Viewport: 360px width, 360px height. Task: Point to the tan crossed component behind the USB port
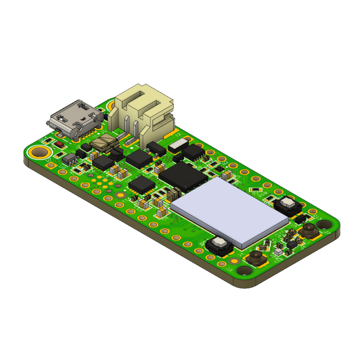[x=105, y=143]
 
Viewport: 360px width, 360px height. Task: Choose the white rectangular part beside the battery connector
[x=178, y=145]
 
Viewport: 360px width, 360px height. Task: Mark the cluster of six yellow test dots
[x=101, y=183]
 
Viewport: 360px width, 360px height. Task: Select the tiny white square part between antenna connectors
[x=278, y=251]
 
